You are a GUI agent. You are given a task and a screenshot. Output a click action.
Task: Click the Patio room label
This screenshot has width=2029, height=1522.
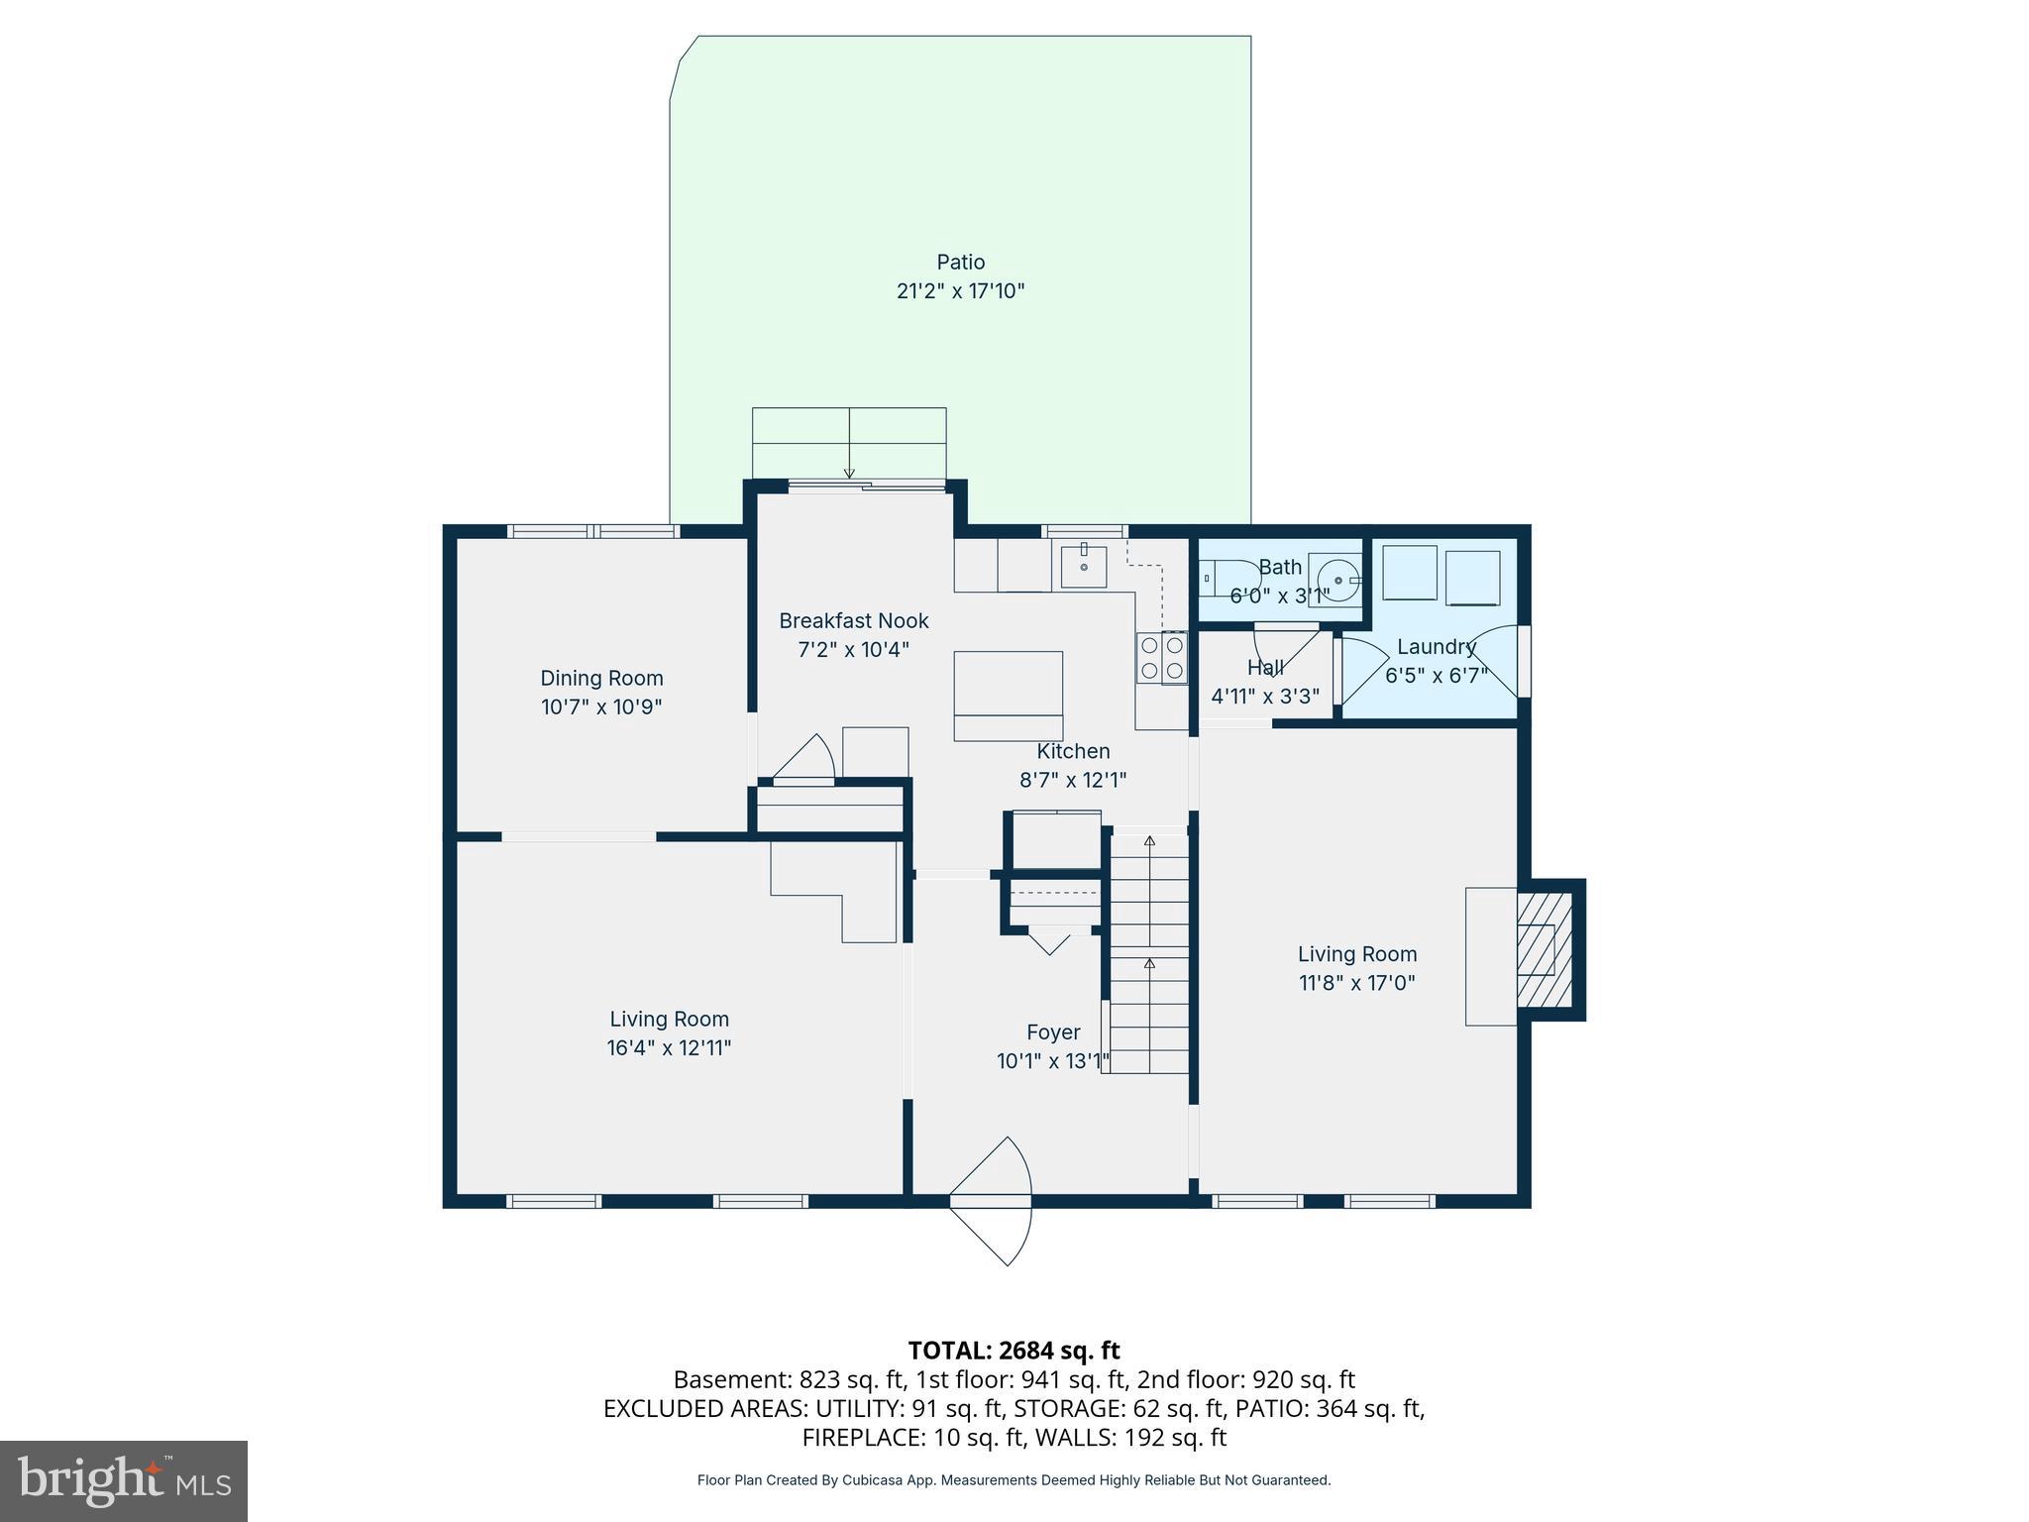click(x=960, y=263)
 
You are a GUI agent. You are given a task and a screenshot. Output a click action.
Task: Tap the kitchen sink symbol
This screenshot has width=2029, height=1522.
click(x=1084, y=566)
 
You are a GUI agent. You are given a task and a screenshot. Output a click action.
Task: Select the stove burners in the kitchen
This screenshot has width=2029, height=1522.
click(x=1161, y=657)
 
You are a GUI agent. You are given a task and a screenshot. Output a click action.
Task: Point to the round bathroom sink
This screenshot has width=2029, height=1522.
click(x=1337, y=579)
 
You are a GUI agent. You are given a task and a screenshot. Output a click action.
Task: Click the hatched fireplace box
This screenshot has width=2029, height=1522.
click(x=1545, y=949)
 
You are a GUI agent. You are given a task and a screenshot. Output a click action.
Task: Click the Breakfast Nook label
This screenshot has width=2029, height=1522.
click(x=853, y=621)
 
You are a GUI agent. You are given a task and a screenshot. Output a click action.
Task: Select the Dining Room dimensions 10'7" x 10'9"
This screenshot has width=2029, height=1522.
click(x=601, y=707)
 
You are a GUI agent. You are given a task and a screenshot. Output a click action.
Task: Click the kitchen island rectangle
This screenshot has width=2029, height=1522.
click(x=1008, y=696)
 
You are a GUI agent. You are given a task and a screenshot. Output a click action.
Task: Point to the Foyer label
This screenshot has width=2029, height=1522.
click(x=1052, y=1033)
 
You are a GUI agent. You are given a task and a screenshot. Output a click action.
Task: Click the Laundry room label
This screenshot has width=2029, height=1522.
click(x=1436, y=647)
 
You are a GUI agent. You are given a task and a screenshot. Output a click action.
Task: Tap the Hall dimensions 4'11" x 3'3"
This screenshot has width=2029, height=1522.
click(x=1265, y=697)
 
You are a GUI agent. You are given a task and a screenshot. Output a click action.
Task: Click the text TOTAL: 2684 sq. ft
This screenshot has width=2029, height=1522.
click(x=1014, y=1351)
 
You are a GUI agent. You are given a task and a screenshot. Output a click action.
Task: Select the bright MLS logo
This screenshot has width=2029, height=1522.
click(x=124, y=1480)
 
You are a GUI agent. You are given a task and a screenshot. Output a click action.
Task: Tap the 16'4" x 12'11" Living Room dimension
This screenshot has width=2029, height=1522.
click(x=669, y=1048)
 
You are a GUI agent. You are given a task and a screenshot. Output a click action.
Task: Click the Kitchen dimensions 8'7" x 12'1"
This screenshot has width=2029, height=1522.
click(x=1073, y=781)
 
